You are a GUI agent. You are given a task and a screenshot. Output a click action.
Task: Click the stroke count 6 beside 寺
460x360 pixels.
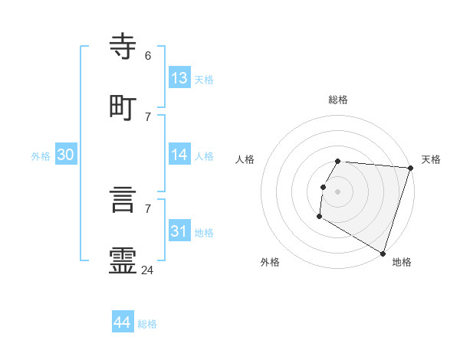coord(148,56)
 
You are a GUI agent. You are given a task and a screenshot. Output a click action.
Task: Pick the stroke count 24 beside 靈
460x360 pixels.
coord(148,270)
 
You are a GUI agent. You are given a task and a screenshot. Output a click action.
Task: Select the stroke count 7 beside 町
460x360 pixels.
coord(148,116)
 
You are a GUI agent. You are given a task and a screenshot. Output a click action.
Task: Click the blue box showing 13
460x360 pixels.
coord(179,77)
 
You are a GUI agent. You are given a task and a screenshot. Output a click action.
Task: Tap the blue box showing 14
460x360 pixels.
coord(179,154)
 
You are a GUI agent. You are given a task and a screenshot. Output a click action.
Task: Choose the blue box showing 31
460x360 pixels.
coord(179,231)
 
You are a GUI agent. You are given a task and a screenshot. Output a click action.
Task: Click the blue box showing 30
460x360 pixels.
coord(66,155)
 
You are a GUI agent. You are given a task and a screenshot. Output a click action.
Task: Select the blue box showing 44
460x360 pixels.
coord(123,322)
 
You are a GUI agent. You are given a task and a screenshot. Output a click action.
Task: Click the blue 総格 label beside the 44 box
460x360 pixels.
coord(147,324)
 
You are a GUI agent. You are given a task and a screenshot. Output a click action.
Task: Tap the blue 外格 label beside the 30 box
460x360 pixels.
coord(41,156)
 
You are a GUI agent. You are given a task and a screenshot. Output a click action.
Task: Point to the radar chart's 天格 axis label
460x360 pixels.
coord(431,159)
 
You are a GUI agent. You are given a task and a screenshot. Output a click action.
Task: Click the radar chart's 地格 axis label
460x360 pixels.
coord(402,262)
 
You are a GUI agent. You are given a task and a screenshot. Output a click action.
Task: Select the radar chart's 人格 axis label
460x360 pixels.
coord(245,159)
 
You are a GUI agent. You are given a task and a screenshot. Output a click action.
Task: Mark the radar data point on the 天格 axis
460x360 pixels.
coord(410,168)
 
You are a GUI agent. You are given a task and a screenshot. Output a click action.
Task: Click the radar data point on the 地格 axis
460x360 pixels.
coord(383,253)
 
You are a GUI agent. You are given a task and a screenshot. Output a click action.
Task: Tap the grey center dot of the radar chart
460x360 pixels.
coord(338,191)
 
